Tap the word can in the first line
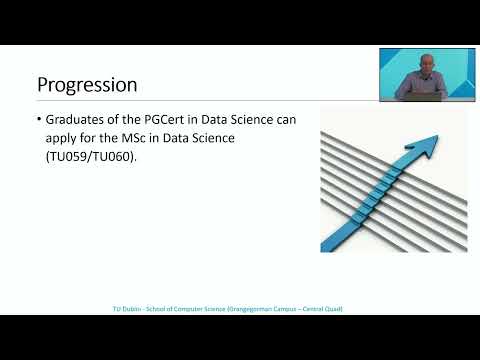(x=283, y=120)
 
